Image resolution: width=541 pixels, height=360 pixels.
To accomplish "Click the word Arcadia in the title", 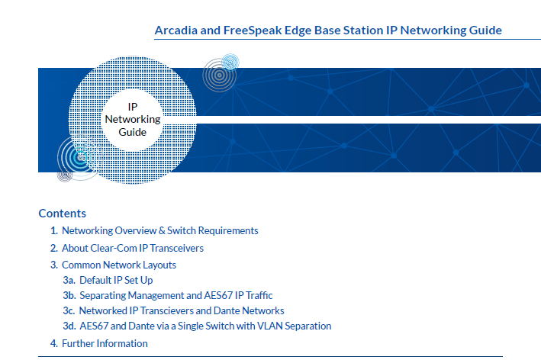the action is click(x=176, y=31).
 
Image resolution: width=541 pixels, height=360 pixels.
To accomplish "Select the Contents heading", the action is click(x=62, y=213).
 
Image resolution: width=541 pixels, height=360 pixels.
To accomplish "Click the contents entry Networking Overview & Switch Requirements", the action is click(x=159, y=230).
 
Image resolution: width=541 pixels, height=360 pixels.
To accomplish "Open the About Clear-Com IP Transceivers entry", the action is click(x=133, y=248).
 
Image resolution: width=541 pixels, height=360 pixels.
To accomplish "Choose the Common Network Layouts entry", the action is click(x=119, y=265).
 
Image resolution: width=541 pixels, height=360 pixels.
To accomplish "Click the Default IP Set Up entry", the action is click(x=116, y=280).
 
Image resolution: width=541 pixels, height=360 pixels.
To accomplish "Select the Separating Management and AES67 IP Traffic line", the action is click(x=176, y=295).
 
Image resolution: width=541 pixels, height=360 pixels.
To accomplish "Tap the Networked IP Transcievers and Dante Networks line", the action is click(x=182, y=310).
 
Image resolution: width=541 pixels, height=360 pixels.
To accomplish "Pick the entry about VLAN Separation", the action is click(x=205, y=326).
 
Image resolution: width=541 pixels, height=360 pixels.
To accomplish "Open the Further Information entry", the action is click(x=105, y=343).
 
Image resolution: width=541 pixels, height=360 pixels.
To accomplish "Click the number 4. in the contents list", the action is click(x=54, y=343).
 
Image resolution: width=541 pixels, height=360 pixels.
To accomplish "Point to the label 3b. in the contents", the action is click(x=69, y=295).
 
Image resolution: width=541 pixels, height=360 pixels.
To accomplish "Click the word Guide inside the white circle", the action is click(x=133, y=132).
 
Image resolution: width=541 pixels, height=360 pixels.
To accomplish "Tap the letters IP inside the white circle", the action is click(x=133, y=107).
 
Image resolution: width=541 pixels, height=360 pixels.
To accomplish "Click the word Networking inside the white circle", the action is click(x=133, y=119).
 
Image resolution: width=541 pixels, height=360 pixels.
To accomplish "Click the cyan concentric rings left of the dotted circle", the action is click(x=80, y=157).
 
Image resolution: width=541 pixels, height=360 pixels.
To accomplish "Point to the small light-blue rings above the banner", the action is click(x=230, y=63).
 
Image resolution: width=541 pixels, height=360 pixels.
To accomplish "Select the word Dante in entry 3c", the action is click(x=227, y=310).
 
